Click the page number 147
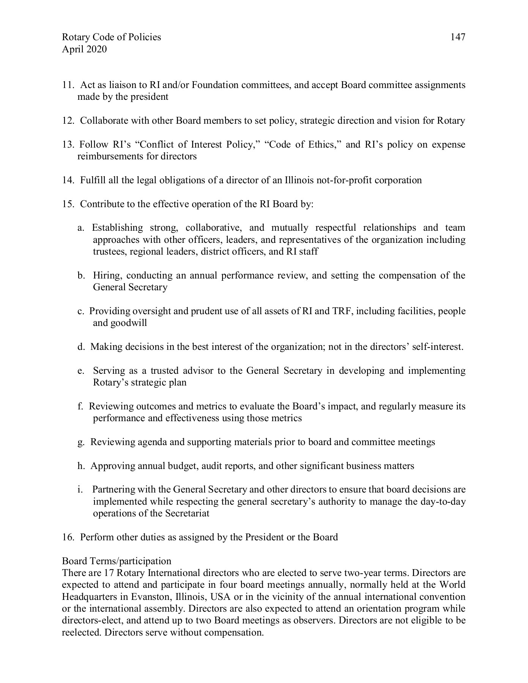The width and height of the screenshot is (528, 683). point(458,37)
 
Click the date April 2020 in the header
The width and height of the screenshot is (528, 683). point(84,49)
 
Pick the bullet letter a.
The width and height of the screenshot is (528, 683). point(80,228)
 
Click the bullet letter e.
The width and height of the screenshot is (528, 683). point(80,371)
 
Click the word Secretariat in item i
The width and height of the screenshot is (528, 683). point(187,513)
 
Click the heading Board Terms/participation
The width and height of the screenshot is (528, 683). point(116,561)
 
